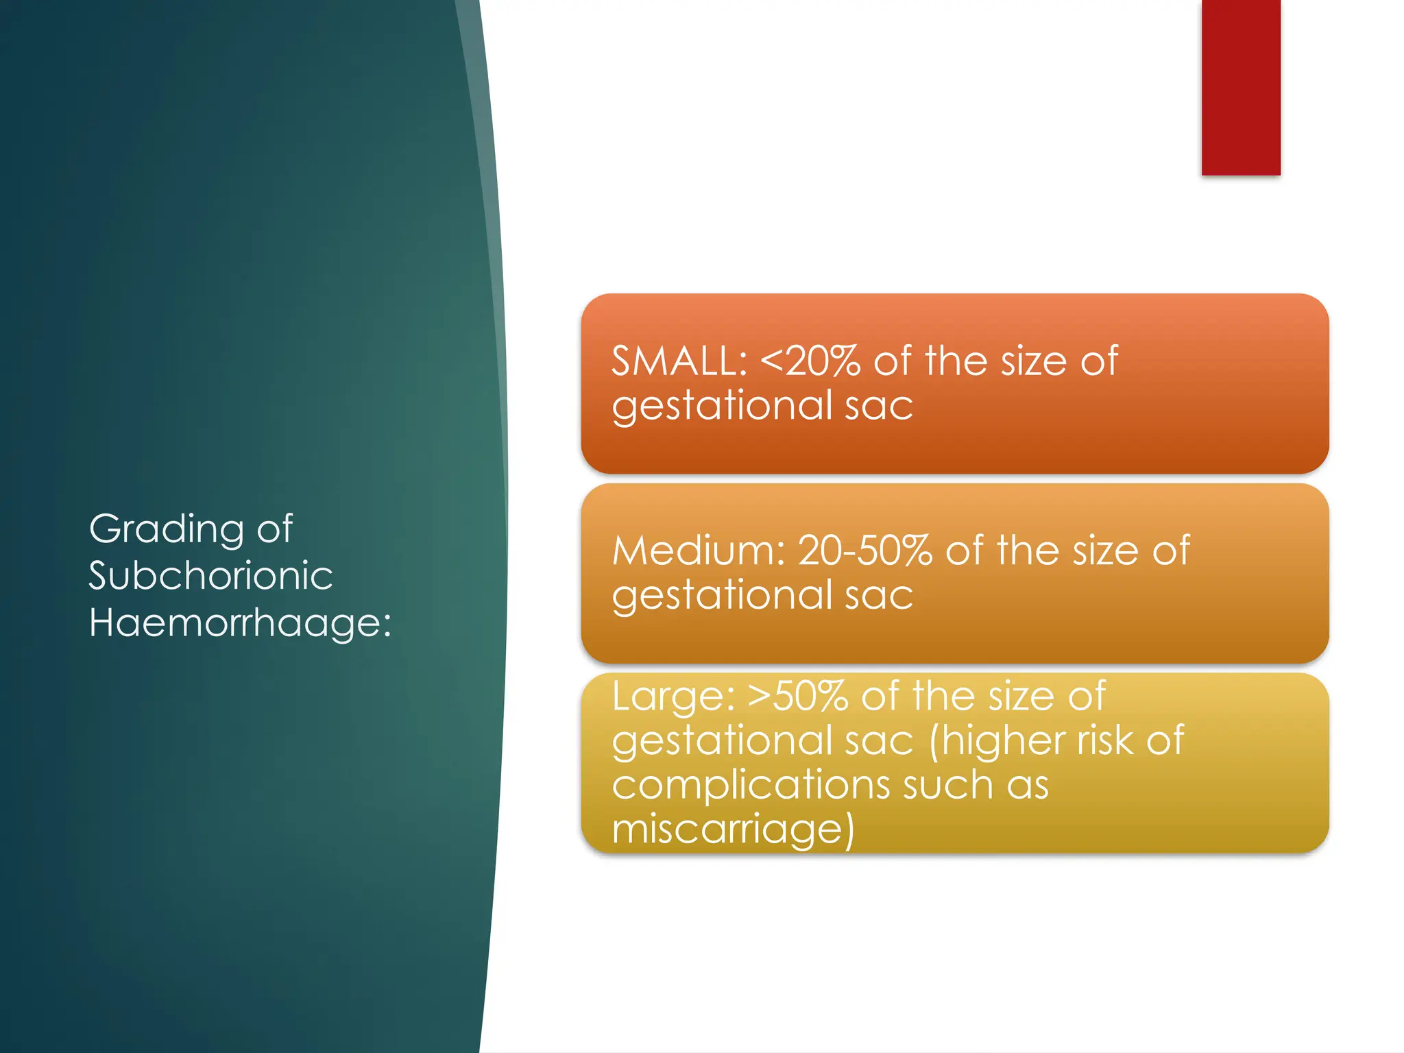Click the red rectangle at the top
[1240, 87]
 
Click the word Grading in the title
[167, 530]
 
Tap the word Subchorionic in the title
[210, 576]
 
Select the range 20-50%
[865, 550]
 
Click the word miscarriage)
[733, 829]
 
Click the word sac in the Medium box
[879, 595]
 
